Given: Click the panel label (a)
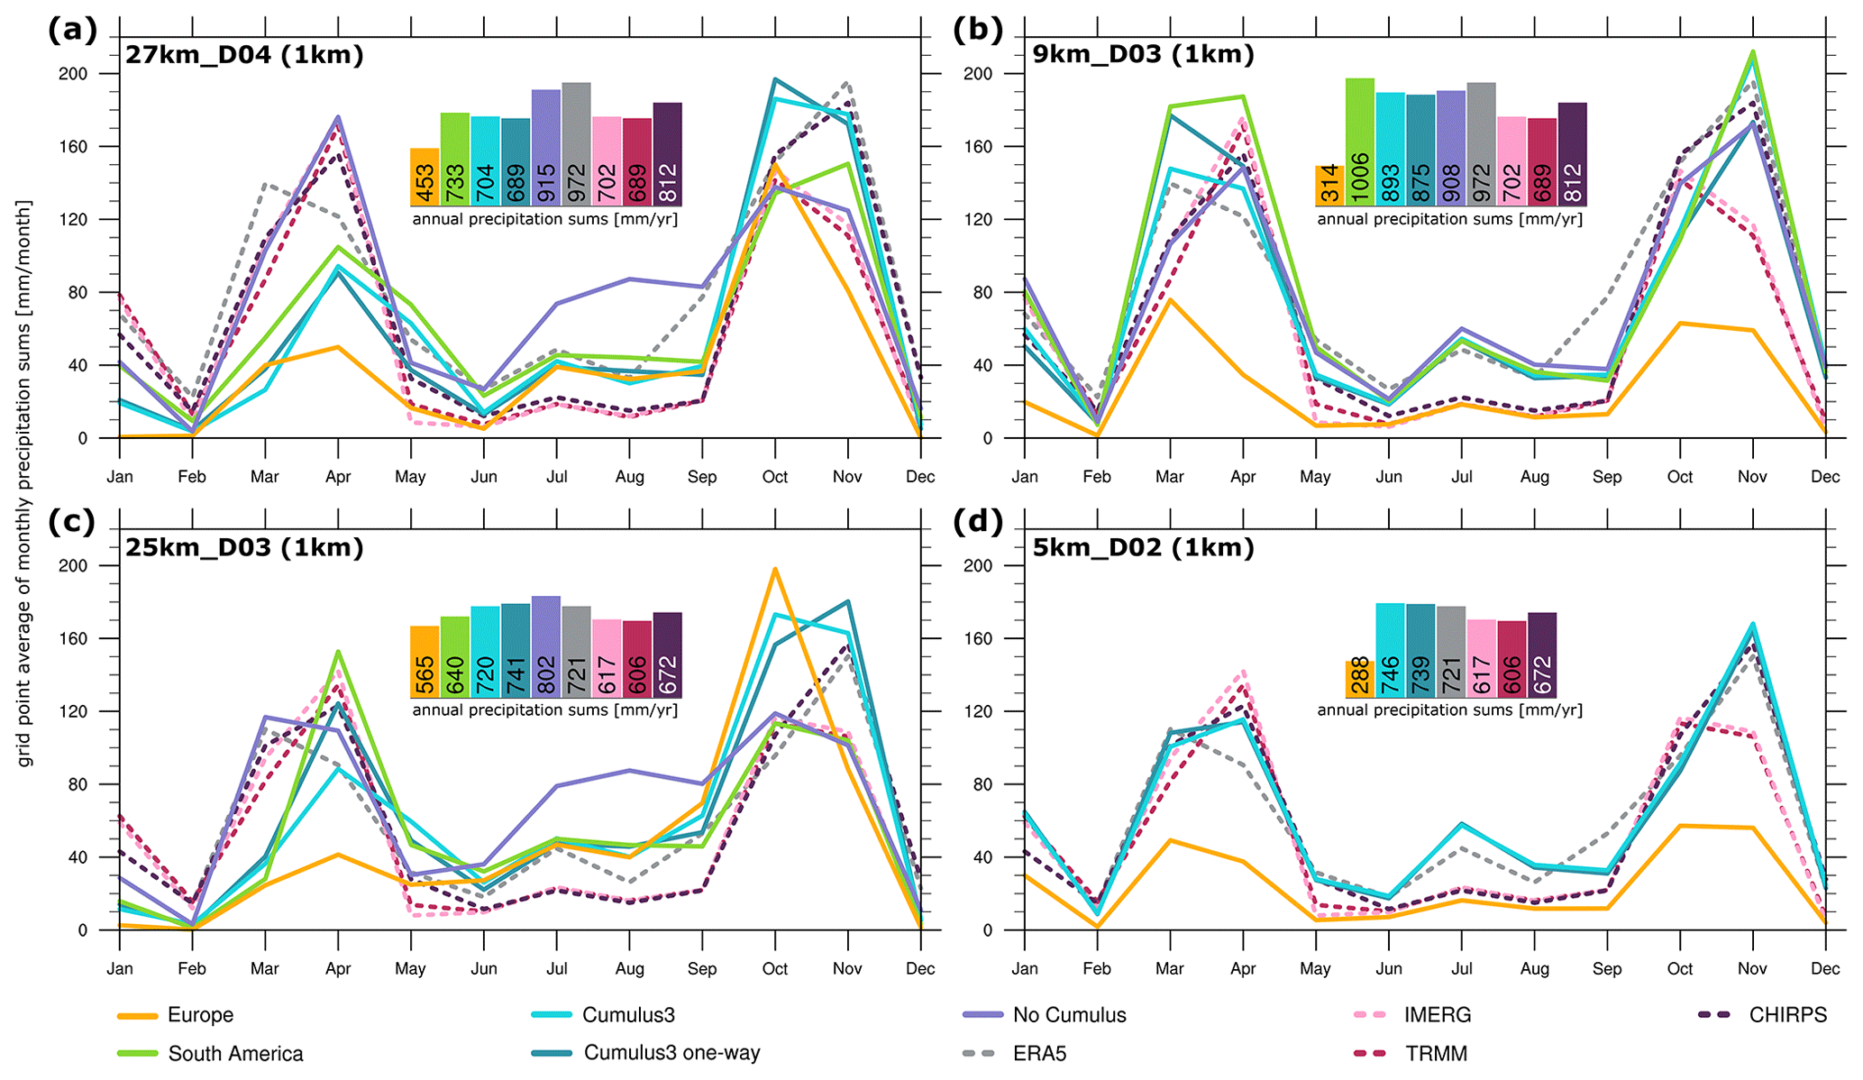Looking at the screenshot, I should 72,30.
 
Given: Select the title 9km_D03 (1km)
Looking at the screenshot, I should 1143,54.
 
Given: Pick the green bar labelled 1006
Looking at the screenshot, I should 1359,142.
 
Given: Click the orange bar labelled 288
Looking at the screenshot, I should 1360,679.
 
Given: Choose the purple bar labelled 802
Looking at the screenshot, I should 545,646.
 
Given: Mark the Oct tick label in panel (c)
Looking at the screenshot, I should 774,969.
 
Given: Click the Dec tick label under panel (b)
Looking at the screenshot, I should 1825,477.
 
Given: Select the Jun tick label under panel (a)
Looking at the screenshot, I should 484,477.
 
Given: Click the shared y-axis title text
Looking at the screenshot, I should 24,483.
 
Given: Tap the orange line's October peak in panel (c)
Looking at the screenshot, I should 775,569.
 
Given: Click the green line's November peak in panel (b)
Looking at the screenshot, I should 1752,51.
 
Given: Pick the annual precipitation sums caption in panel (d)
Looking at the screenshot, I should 1449,710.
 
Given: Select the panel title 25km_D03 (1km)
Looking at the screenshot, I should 244,547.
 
